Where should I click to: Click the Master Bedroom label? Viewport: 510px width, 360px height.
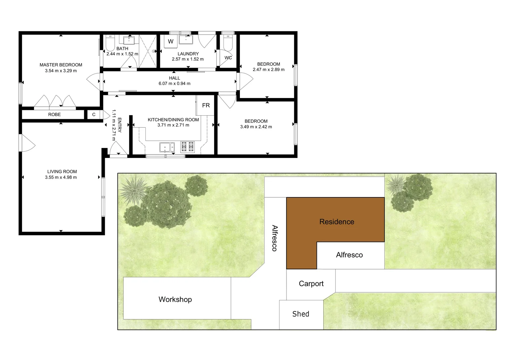point(61,65)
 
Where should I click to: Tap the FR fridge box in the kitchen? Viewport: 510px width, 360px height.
point(206,105)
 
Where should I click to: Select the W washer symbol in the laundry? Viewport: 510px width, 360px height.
point(170,42)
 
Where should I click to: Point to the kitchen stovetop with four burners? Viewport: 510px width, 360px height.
point(187,147)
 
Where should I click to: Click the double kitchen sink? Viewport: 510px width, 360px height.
point(167,147)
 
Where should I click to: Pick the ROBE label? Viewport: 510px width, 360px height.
point(54,114)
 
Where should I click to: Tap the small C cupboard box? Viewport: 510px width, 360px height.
point(94,114)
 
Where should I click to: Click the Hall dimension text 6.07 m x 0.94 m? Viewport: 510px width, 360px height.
point(174,83)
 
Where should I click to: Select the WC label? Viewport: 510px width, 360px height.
point(228,58)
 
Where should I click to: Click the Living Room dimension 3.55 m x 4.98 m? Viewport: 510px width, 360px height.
point(61,177)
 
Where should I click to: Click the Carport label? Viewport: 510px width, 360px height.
point(311,284)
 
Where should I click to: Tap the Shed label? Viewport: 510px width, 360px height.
point(301,314)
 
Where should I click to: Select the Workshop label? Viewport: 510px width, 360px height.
point(175,299)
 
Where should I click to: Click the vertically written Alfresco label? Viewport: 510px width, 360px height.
point(275,238)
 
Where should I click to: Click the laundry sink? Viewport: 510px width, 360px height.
point(185,40)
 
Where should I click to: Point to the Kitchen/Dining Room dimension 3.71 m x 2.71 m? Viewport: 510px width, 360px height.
point(173,125)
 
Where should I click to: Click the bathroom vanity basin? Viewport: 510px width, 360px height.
point(129,40)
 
